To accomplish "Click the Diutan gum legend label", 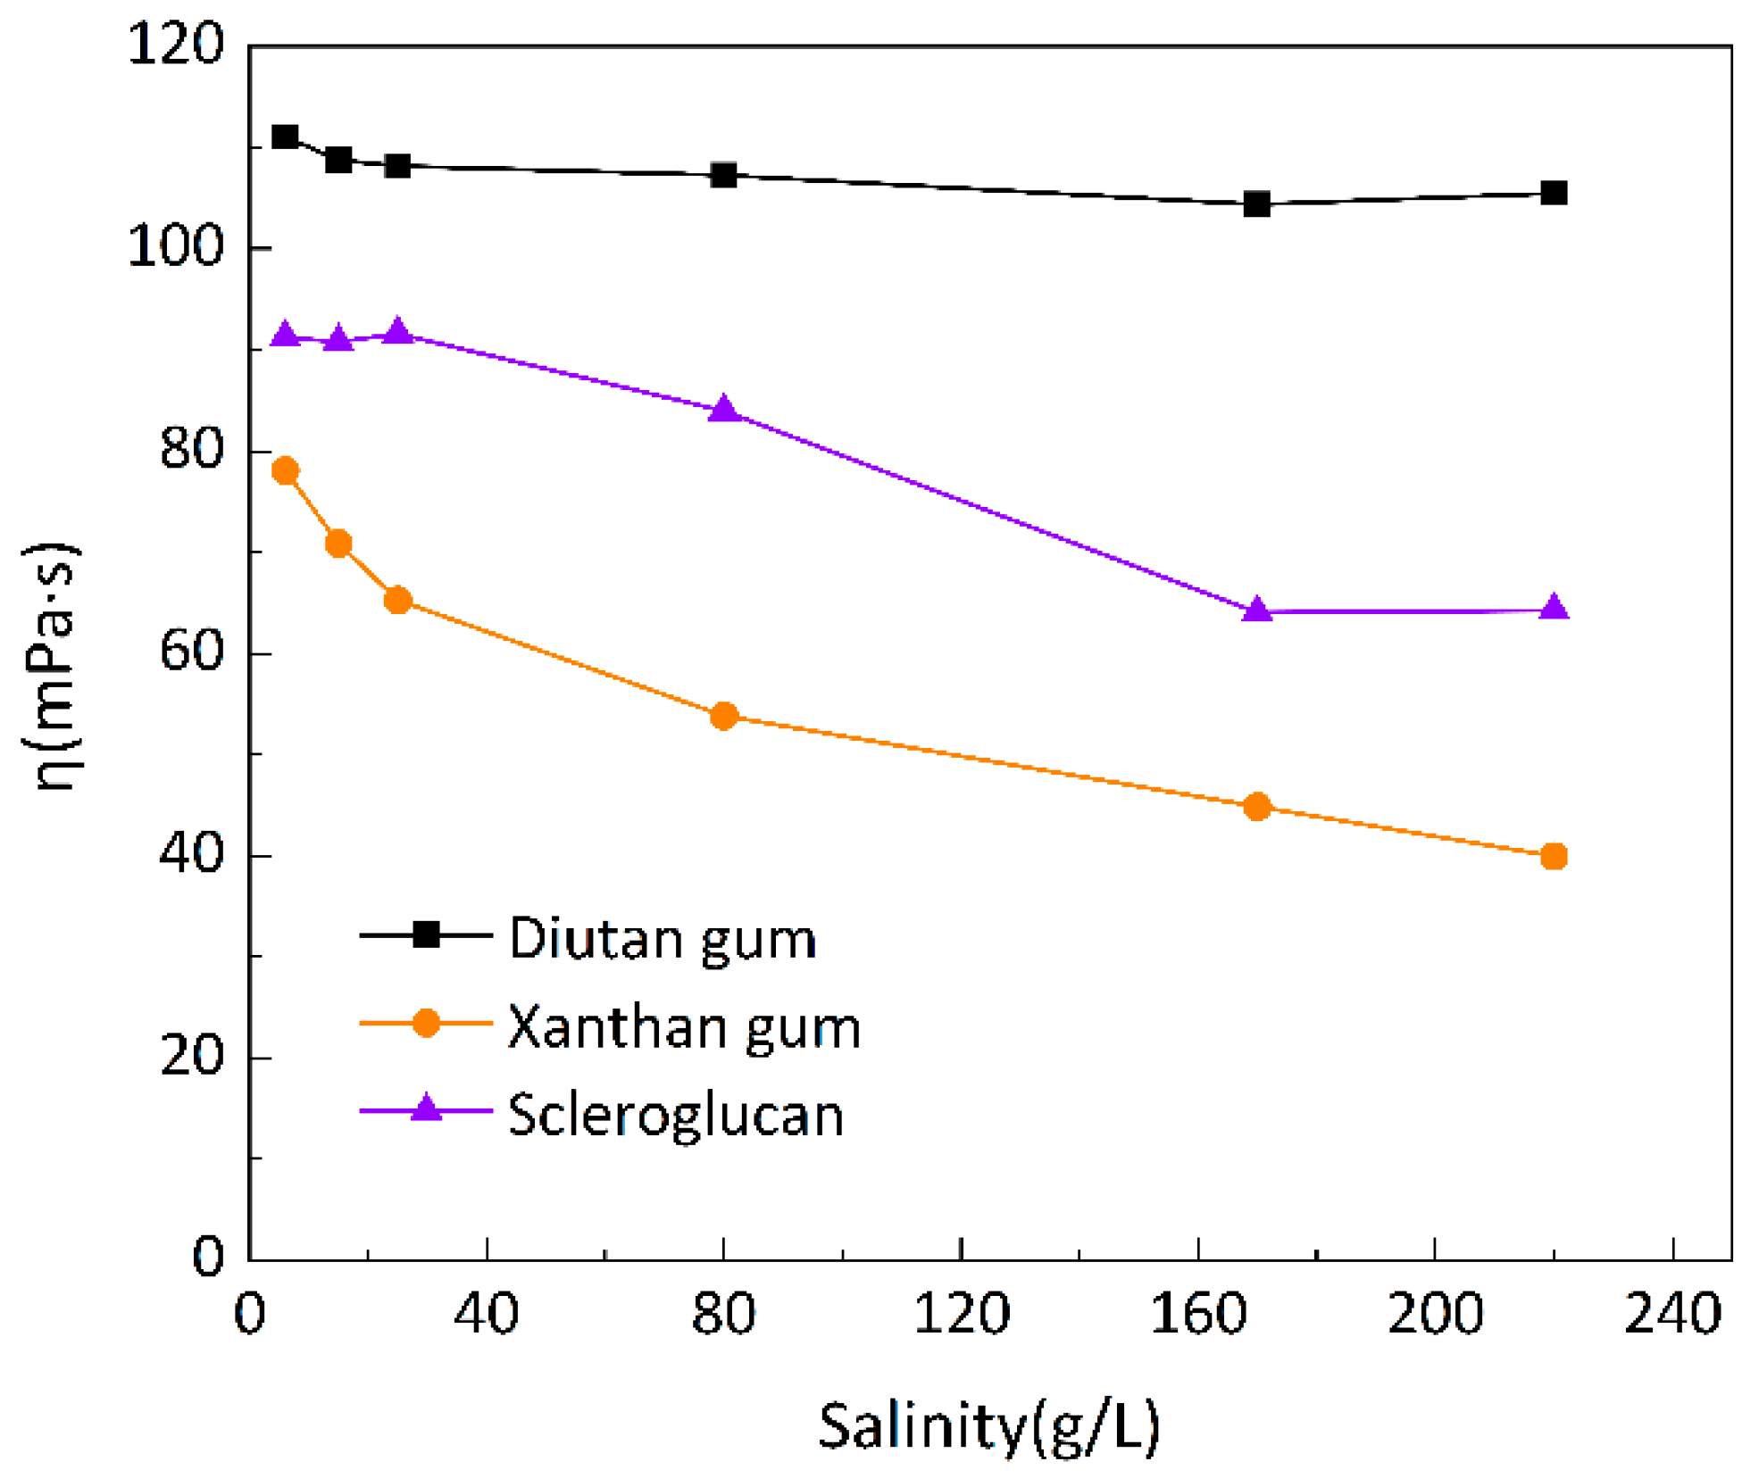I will [663, 939].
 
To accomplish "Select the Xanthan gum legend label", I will [684, 1027].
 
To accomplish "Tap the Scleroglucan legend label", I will [676, 1116].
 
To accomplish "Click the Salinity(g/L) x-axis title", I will [989, 1425].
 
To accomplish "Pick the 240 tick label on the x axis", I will [1672, 1315].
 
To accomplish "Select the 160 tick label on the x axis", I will [1197, 1315].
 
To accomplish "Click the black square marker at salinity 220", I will [1554, 193].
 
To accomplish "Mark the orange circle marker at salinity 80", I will [724, 716].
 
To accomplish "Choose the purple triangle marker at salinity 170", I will [1257, 610].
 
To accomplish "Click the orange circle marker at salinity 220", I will [1554, 856].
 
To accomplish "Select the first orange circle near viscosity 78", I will [285, 470].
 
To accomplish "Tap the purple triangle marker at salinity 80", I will [724, 410].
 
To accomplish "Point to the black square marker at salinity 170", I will [1257, 204].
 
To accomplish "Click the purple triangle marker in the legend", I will [427, 1109].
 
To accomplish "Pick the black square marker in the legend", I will [427, 934].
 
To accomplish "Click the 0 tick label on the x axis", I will [249, 1315].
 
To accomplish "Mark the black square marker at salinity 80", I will [724, 175].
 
